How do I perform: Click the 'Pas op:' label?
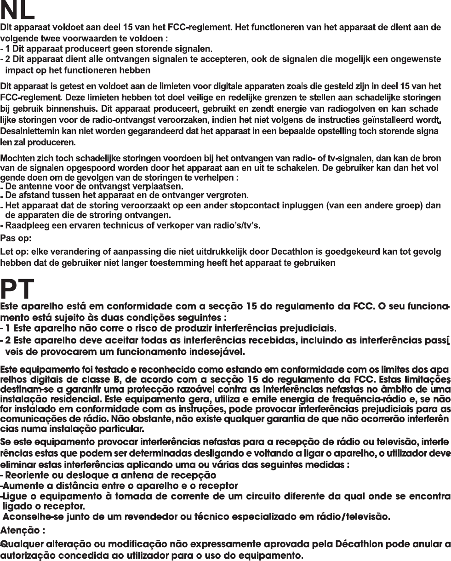click(x=13, y=239)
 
